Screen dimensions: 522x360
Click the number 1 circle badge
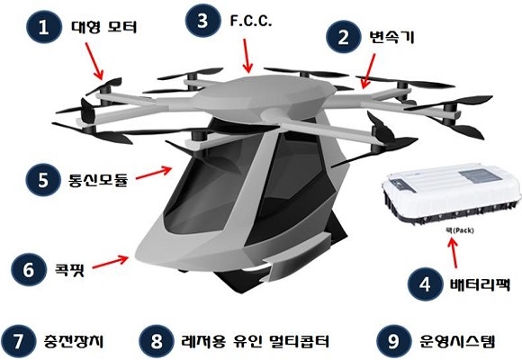(x=43, y=26)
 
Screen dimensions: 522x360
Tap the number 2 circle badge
(x=343, y=37)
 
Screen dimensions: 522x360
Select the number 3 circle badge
(x=202, y=21)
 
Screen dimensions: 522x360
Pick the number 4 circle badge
(x=425, y=284)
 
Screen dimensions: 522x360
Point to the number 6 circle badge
(x=28, y=269)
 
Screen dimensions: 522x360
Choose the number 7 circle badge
(x=18, y=341)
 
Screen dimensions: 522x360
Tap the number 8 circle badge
(x=156, y=341)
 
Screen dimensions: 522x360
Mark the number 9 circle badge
(x=393, y=341)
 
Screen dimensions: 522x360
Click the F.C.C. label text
(x=251, y=21)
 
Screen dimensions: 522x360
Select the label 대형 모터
(x=103, y=27)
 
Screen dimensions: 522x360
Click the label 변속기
(x=391, y=37)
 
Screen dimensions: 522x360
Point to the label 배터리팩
(x=480, y=284)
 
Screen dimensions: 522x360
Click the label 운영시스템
(x=458, y=341)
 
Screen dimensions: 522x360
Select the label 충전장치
(x=74, y=341)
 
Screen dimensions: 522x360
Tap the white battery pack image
(x=452, y=193)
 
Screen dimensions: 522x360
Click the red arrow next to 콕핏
(x=110, y=262)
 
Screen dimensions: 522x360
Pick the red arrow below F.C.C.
(x=247, y=56)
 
